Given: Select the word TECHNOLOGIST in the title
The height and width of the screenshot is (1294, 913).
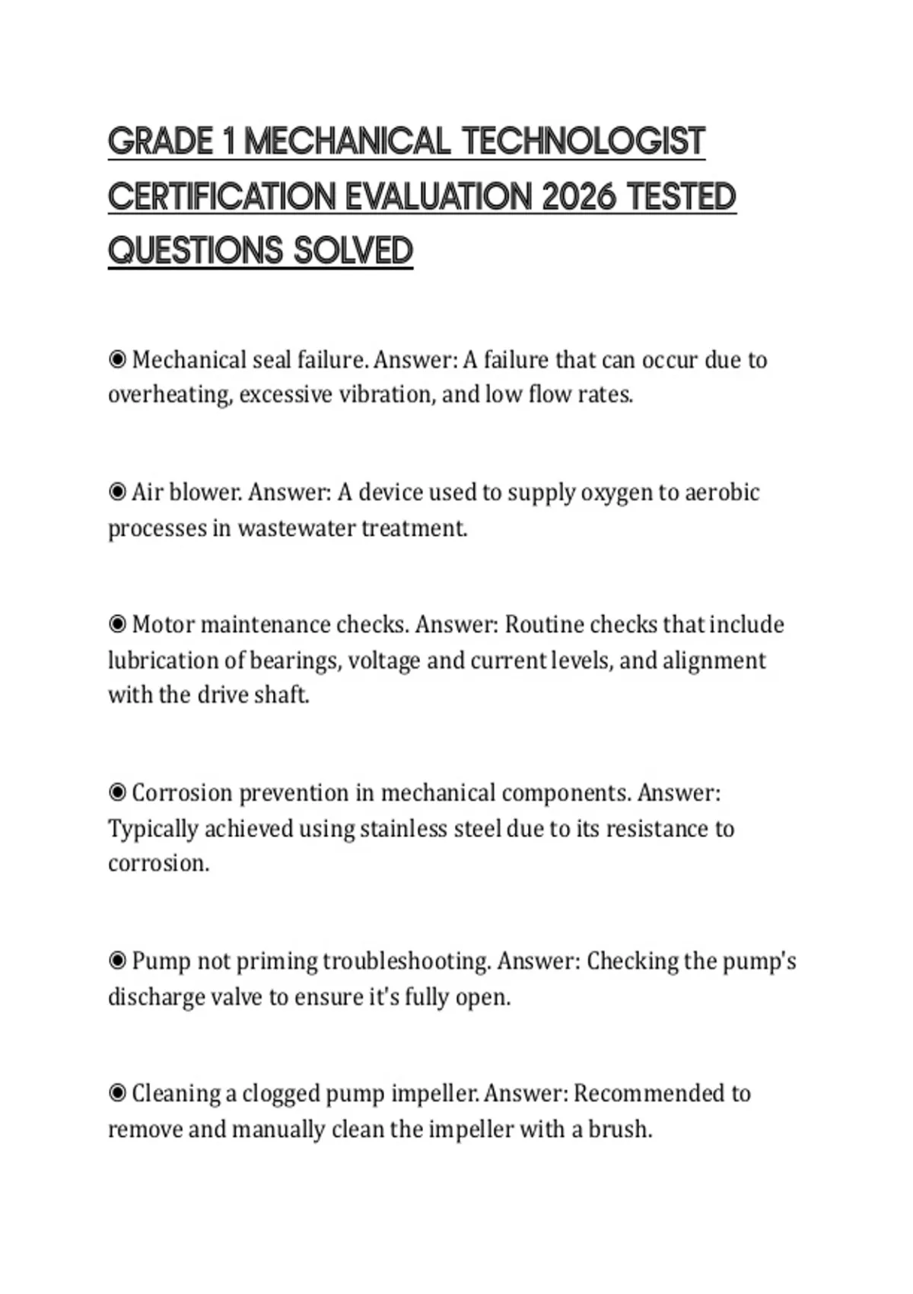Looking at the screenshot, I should pos(584,142).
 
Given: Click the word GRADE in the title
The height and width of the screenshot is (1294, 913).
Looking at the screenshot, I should pos(161,142).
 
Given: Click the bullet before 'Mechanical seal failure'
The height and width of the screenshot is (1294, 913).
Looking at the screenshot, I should pos(117,359).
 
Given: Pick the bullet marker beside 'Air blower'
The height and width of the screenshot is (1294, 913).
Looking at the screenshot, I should pos(117,492).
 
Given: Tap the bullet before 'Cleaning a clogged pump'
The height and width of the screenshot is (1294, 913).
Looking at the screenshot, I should pos(117,1093).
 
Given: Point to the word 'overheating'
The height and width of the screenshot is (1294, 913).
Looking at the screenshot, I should pos(169,395).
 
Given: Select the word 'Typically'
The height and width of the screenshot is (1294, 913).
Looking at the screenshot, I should pos(153,828).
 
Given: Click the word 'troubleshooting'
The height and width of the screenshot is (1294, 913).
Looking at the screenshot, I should pos(406,961).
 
